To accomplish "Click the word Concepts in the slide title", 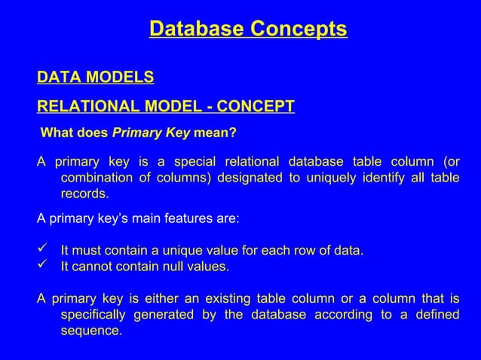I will tap(299, 29).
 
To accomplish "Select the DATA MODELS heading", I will tap(96, 78).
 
